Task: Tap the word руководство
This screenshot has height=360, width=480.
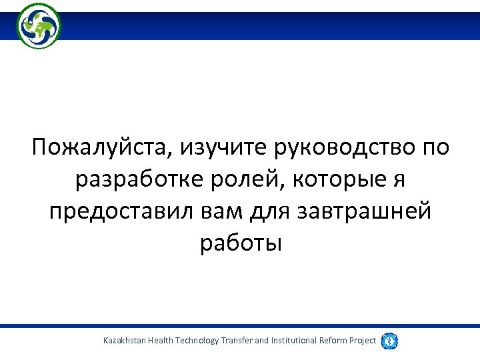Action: [x=345, y=147]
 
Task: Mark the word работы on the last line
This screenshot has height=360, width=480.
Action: [x=241, y=243]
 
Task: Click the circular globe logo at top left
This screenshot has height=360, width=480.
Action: [x=39, y=26]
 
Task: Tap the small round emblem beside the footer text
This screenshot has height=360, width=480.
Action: [x=389, y=341]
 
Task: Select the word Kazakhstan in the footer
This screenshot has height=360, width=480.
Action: [x=125, y=341]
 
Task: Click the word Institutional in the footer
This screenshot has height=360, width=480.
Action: [x=295, y=341]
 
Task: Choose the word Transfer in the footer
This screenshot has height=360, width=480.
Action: [x=236, y=341]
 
